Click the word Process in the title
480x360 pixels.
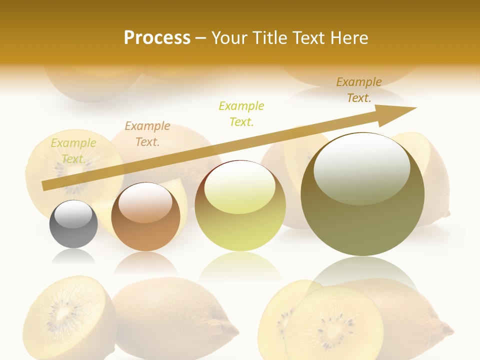pyautogui.click(x=157, y=38)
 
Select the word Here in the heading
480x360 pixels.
pyautogui.click(x=350, y=38)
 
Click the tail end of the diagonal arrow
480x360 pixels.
pyautogui.click(x=46, y=185)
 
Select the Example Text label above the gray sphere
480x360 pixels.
pyautogui.click(x=73, y=151)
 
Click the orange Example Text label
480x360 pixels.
pyautogui.click(x=147, y=134)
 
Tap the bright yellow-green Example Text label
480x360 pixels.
pyautogui.click(x=241, y=113)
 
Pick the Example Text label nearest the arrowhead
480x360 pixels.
pyautogui.click(x=359, y=90)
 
